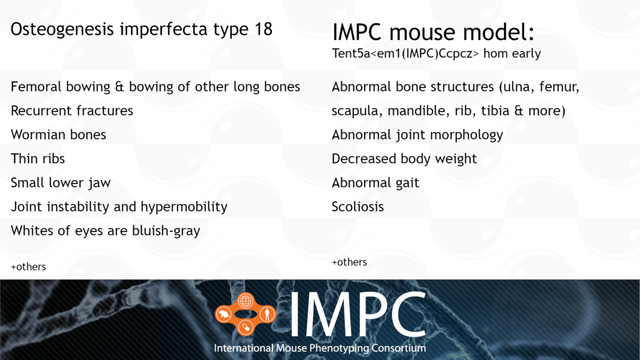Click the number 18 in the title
263,29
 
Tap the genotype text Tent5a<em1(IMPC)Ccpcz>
405,54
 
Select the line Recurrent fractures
72,111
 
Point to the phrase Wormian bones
58,135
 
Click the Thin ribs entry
37,158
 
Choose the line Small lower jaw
61,183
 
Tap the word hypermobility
184,207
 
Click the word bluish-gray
166,231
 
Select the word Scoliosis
357,206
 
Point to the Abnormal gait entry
375,183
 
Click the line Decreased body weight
404,159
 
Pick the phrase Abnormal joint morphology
417,135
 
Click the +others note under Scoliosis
349,262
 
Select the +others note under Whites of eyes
28,266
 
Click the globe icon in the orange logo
245,301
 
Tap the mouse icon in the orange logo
224,314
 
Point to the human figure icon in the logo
267,314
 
